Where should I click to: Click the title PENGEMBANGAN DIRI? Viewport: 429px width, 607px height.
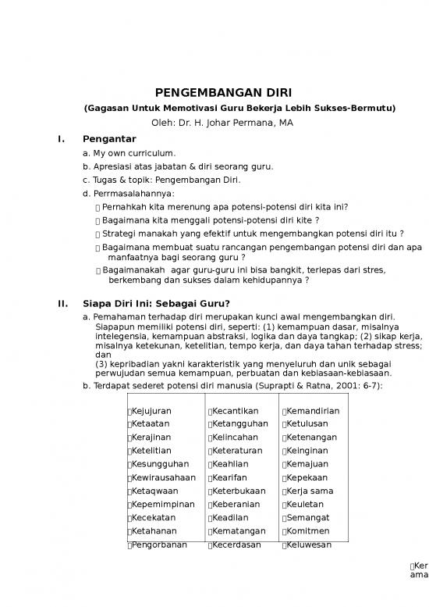tap(214, 92)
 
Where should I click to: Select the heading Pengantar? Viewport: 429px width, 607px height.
tap(109, 139)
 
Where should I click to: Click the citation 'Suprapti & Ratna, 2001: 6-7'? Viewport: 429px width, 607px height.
tap(326, 385)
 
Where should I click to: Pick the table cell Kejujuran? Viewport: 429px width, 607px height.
tap(151, 411)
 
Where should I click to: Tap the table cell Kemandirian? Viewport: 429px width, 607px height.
tap(312, 411)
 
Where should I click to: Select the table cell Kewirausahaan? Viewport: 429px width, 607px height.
tap(164, 477)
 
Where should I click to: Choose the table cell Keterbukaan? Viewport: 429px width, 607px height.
tap(238, 491)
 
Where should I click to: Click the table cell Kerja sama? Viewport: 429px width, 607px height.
tap(310, 491)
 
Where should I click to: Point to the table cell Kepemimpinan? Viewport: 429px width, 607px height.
tap(163, 504)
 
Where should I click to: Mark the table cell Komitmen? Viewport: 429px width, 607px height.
tap(308, 530)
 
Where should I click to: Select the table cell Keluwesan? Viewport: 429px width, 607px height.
tap(309, 545)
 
